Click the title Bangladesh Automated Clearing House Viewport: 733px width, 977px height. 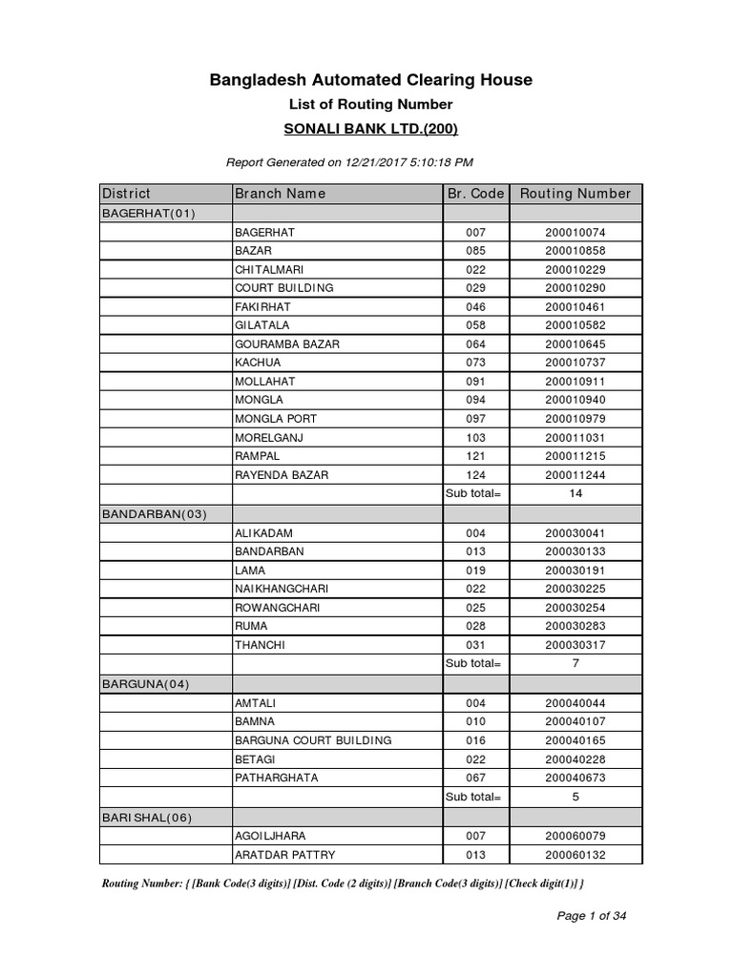coord(370,80)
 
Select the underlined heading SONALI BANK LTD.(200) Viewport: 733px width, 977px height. coord(370,129)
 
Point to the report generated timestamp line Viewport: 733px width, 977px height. coord(349,162)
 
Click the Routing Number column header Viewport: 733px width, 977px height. coord(575,194)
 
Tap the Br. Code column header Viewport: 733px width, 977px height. coord(475,194)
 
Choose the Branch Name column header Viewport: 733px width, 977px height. coord(281,194)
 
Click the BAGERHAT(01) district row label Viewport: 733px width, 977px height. coord(148,213)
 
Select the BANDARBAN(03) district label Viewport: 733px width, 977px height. coord(154,513)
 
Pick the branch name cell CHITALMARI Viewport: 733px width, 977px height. coord(269,269)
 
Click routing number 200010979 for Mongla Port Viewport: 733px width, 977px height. coord(575,419)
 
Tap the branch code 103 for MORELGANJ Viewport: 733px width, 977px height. coord(475,438)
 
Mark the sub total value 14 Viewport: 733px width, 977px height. coord(575,494)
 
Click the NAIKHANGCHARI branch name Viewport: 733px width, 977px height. coord(282,589)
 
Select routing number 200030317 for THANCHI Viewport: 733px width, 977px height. coord(575,645)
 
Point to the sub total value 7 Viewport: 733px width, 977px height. coord(575,663)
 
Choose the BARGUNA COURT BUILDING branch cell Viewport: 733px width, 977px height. coord(313,739)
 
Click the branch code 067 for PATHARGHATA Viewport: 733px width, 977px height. coord(475,778)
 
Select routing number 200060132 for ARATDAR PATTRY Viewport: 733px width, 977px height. coord(575,855)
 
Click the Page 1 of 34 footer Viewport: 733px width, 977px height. coord(592,916)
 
